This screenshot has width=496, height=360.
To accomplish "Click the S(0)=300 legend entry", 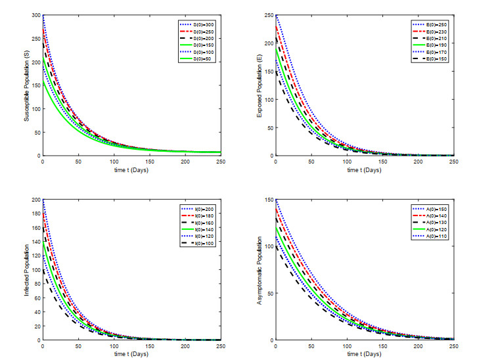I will coord(201,24).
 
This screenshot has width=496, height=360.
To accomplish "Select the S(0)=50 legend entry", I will coord(201,58).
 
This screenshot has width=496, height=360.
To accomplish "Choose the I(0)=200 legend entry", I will coord(201,208).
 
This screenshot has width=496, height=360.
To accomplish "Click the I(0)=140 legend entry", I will coord(201,229).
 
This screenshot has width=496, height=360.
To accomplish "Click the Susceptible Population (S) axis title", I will coord(27,85).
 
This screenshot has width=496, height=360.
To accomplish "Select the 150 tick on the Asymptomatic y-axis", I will coord(269,199).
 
